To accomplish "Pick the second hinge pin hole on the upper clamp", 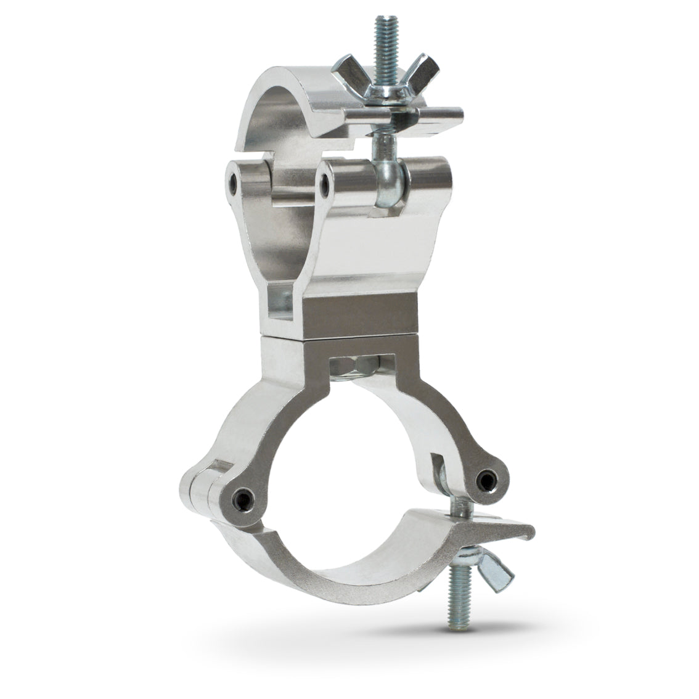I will [325, 180].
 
